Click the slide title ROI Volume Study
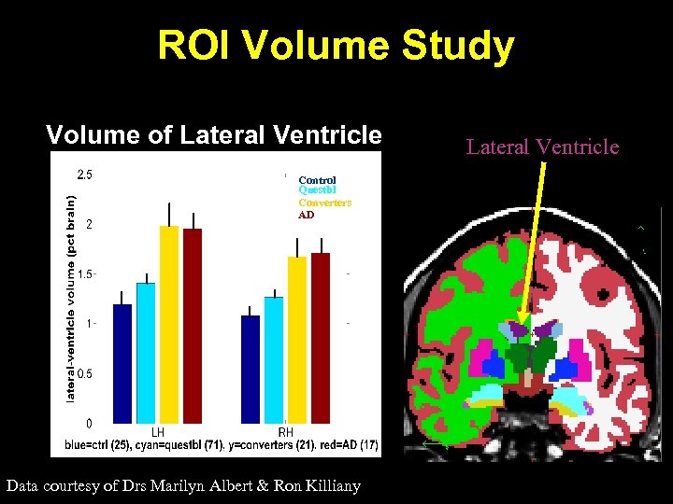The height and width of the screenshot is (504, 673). point(336,45)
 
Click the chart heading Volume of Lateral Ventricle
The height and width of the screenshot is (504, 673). point(214,135)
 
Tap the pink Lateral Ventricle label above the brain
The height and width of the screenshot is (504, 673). point(542,147)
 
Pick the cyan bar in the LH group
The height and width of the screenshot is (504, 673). point(146,352)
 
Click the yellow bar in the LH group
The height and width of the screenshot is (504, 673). point(169,324)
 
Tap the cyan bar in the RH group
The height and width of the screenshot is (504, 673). point(274,359)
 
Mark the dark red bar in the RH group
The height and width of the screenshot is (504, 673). point(321,337)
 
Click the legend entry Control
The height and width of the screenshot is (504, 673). point(317,180)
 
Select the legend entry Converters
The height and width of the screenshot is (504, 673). point(324,203)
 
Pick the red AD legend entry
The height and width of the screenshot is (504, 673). point(307,215)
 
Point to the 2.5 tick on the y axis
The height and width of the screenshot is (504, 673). point(84,174)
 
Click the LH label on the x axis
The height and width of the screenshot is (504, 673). point(158,432)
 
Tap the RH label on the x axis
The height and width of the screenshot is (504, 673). point(286,432)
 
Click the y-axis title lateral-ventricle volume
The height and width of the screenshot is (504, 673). point(70,298)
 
